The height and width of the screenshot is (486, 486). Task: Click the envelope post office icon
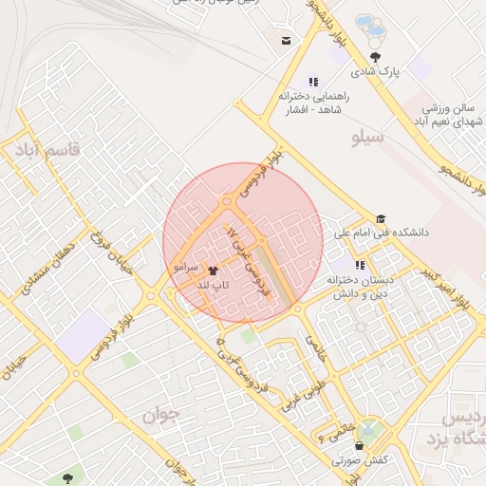286,41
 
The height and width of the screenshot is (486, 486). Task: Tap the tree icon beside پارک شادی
376,56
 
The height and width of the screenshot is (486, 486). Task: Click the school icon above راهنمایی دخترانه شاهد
314,82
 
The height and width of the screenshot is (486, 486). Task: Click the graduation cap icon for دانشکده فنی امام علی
381,219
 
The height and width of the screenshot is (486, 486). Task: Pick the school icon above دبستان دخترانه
360,266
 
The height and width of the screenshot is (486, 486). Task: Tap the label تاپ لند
209,285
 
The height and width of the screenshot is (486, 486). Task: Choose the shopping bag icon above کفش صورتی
359,446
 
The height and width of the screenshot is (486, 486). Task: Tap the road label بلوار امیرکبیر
446,290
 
